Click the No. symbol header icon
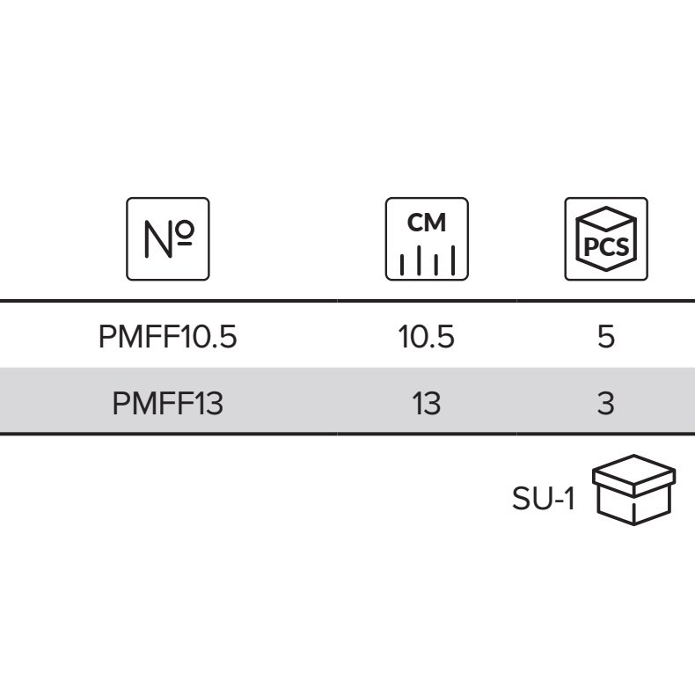pyautogui.click(x=167, y=239)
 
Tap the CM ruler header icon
pyautogui.click(x=427, y=239)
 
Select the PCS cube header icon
pyautogui.click(x=606, y=239)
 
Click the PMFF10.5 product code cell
pyautogui.click(x=167, y=336)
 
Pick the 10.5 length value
pyautogui.click(x=427, y=336)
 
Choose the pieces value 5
pyautogui.click(x=606, y=336)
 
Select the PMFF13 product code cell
pyautogui.click(x=167, y=403)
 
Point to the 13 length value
pyautogui.click(x=427, y=403)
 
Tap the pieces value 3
pyautogui.click(x=606, y=403)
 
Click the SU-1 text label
pyautogui.click(x=544, y=498)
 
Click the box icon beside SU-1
pyautogui.click(x=633, y=490)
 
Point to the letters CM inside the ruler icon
pyautogui.click(x=427, y=223)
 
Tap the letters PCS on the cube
pyautogui.click(x=606, y=246)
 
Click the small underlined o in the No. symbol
pyautogui.click(x=184, y=232)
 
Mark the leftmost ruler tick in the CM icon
pyautogui.click(x=401, y=264)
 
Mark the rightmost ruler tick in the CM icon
pyautogui.click(x=453, y=260)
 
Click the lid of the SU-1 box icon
pyautogui.click(x=633, y=475)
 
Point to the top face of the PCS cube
pyautogui.click(x=606, y=218)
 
